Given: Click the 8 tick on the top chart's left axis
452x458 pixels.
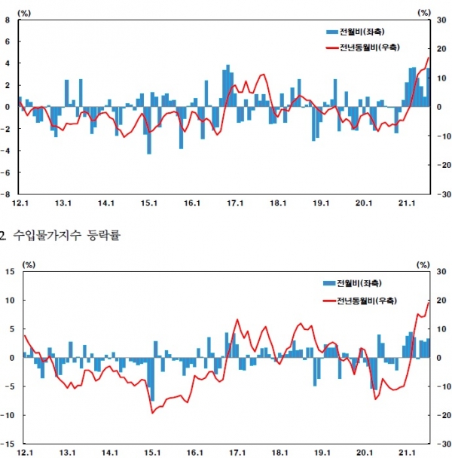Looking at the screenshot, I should click(8, 20).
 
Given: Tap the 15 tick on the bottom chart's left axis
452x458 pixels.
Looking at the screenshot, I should click(9, 271).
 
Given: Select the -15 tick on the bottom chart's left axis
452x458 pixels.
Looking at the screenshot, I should click(8, 444).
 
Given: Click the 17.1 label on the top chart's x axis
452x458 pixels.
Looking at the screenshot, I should click(236, 203).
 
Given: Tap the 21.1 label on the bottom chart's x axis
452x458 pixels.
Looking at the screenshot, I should click(408, 452).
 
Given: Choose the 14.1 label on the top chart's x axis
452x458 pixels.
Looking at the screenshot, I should click(105, 203).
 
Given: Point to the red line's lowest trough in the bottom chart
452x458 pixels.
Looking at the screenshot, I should click(152, 412).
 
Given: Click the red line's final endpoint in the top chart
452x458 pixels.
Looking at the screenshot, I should click(429, 58).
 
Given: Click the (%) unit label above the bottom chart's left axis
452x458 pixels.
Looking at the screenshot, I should click(29, 264).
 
